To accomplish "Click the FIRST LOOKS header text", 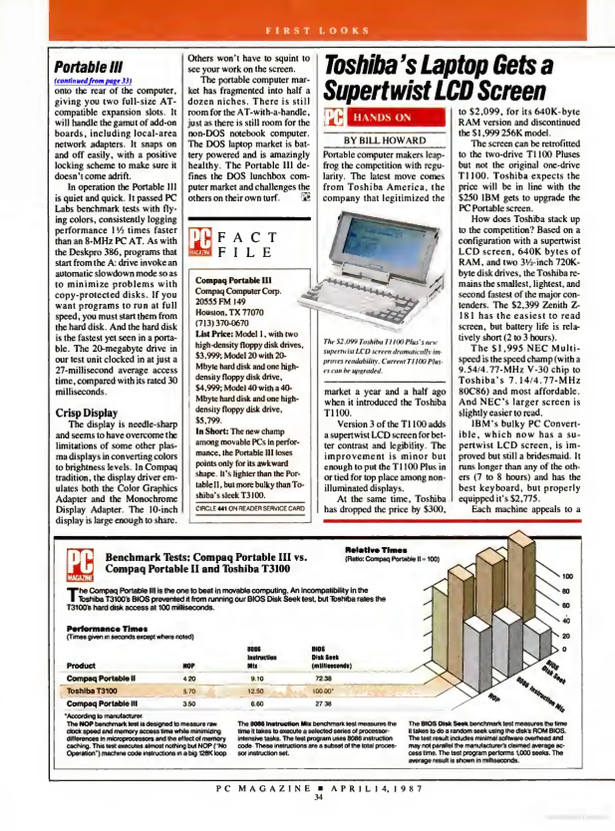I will click(317, 30).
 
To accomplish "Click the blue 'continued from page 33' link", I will click(93, 81).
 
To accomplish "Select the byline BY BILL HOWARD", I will click(385, 140).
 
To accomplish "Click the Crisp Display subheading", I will click(86, 413).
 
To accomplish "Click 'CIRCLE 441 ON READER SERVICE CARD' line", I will click(250, 508).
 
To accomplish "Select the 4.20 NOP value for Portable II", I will click(189, 679).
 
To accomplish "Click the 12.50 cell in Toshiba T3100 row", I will click(255, 691).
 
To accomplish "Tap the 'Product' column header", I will click(81, 666).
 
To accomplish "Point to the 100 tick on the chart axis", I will click(567, 576).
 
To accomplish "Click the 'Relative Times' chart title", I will click(376, 550).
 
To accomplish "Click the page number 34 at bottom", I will click(318, 797).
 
